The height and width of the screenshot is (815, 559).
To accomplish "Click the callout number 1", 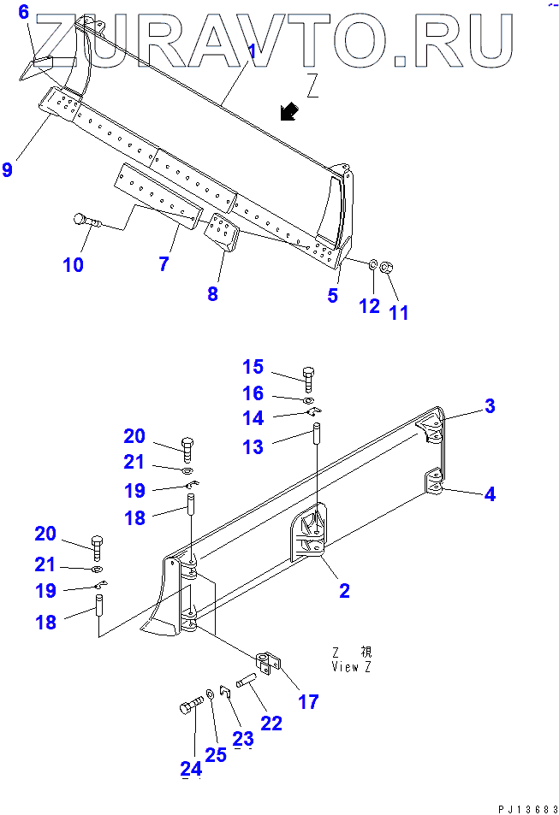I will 253,51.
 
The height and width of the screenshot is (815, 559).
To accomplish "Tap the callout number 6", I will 23,12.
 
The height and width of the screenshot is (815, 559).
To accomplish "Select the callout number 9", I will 8,169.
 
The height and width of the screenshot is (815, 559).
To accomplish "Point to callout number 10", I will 73,265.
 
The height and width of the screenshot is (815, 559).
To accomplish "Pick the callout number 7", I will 163,264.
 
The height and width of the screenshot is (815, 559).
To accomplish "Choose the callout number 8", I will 212,294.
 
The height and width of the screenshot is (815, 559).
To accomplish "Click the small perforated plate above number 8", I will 222,233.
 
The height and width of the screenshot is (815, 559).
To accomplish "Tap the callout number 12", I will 369,306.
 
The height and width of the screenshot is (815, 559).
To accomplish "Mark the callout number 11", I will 399,312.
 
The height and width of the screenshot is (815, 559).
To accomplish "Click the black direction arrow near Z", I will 289,111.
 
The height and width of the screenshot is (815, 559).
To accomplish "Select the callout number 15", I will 253,368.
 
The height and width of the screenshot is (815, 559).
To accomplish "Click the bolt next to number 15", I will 309,375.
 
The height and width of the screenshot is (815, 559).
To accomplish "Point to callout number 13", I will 253,446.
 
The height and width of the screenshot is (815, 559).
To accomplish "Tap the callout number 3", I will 490,406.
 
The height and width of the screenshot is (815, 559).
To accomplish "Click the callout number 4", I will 490,493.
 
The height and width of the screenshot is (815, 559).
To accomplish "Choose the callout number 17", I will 308,702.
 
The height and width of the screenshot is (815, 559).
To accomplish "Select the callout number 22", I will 271,723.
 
